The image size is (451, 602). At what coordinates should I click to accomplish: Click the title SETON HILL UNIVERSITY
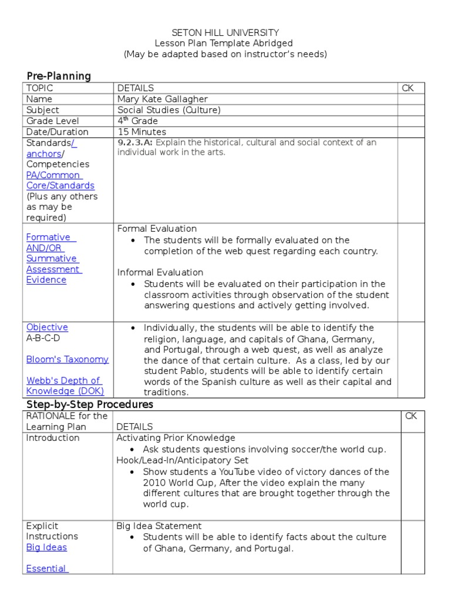click(225, 33)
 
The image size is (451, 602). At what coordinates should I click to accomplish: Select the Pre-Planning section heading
click(59, 76)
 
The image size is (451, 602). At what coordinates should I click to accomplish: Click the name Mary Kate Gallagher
click(162, 99)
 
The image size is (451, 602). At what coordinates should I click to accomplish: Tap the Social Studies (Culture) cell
click(169, 110)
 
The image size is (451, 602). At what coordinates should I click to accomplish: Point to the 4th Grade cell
click(137, 121)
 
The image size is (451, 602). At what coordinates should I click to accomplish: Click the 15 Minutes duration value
click(142, 132)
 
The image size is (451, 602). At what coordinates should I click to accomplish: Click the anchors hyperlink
click(43, 153)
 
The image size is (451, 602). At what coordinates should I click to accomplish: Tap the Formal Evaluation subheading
click(157, 229)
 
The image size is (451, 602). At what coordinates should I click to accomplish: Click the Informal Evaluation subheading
click(160, 272)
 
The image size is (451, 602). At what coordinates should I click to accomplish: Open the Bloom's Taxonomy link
click(67, 359)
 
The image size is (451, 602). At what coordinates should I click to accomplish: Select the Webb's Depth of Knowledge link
click(65, 386)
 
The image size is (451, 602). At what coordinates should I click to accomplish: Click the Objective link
click(47, 327)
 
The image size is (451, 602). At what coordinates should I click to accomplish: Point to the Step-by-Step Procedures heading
click(89, 404)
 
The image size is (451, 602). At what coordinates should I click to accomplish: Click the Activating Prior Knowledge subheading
click(176, 438)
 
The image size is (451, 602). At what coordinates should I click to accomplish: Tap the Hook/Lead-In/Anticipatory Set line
click(182, 460)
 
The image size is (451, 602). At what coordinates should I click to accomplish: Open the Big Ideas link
click(46, 547)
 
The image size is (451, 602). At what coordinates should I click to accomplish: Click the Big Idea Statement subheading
click(159, 526)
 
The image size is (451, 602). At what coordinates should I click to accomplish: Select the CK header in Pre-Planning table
click(408, 88)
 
